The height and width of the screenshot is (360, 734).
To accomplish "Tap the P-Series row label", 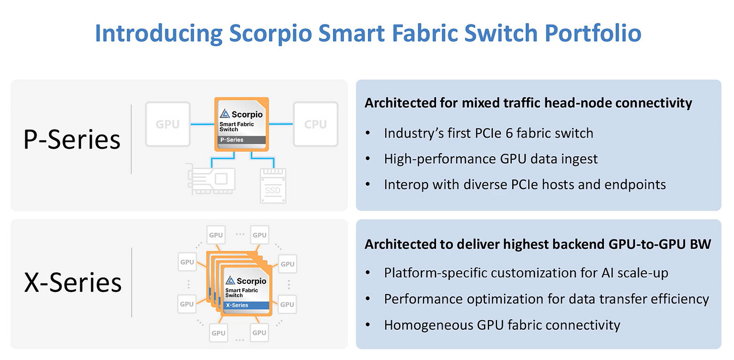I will coord(72,140).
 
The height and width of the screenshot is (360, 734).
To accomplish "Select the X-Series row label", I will coord(73,282).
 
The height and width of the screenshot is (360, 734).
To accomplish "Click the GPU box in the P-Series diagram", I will coord(168,125).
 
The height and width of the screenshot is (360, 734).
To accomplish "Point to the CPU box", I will coord(316,125).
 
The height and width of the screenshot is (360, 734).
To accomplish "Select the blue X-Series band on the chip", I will coord(247,306).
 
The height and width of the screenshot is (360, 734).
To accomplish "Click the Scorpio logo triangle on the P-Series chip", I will coord(224,114).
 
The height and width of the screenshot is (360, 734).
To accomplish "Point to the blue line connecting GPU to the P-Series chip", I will coord(202,124).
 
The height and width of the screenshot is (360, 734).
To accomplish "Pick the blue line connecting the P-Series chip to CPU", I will coord(281,124).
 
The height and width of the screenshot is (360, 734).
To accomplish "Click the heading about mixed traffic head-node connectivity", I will coord(528,103).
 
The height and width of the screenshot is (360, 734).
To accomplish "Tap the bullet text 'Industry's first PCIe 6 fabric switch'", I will coord(488,133).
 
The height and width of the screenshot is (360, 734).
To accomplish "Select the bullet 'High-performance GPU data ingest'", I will coord(491,159).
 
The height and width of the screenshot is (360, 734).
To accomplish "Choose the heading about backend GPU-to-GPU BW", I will coord(537,245).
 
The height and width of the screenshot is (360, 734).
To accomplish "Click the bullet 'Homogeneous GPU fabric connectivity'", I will coord(502,325).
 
